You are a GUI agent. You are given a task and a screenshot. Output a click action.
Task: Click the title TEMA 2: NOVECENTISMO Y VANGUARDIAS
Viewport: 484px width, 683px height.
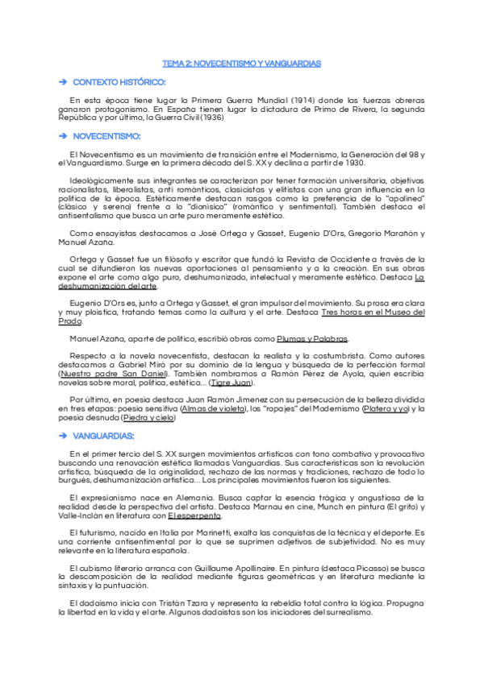coord(241,63)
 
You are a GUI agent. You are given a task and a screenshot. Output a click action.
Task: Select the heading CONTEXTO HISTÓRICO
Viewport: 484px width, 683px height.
coord(119,83)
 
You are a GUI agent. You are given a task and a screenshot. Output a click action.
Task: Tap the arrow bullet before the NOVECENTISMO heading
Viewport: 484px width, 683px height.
coord(62,136)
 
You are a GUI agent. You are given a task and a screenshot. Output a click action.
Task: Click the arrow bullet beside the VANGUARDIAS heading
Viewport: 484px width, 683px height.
coord(62,436)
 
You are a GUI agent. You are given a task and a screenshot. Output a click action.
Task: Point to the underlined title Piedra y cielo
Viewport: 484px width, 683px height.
coord(147,418)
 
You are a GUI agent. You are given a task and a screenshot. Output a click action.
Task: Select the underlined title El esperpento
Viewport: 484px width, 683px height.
coord(195,516)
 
